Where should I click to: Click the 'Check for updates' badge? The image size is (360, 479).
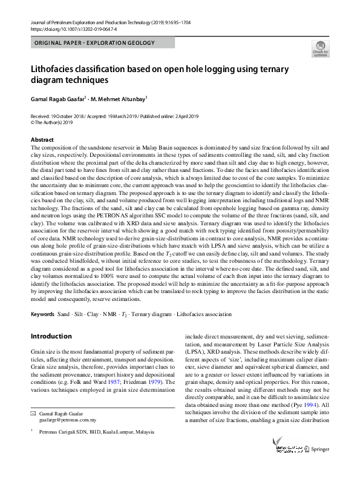click(x=320, y=49)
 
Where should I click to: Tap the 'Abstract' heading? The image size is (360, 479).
click(x=42, y=139)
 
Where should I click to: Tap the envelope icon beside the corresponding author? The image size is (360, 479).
click(x=33, y=412)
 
